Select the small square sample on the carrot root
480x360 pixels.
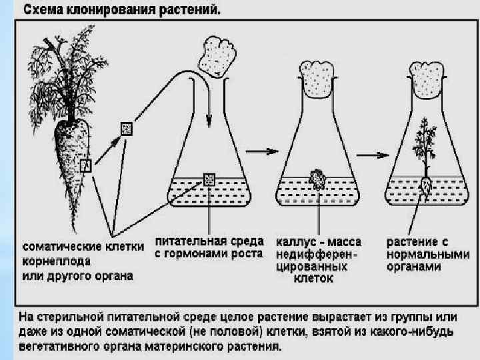(85, 166)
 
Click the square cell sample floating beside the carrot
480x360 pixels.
(126, 128)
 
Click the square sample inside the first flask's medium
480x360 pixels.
(209, 179)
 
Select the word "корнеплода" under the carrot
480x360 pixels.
(48, 261)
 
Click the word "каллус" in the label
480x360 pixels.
(295, 241)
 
